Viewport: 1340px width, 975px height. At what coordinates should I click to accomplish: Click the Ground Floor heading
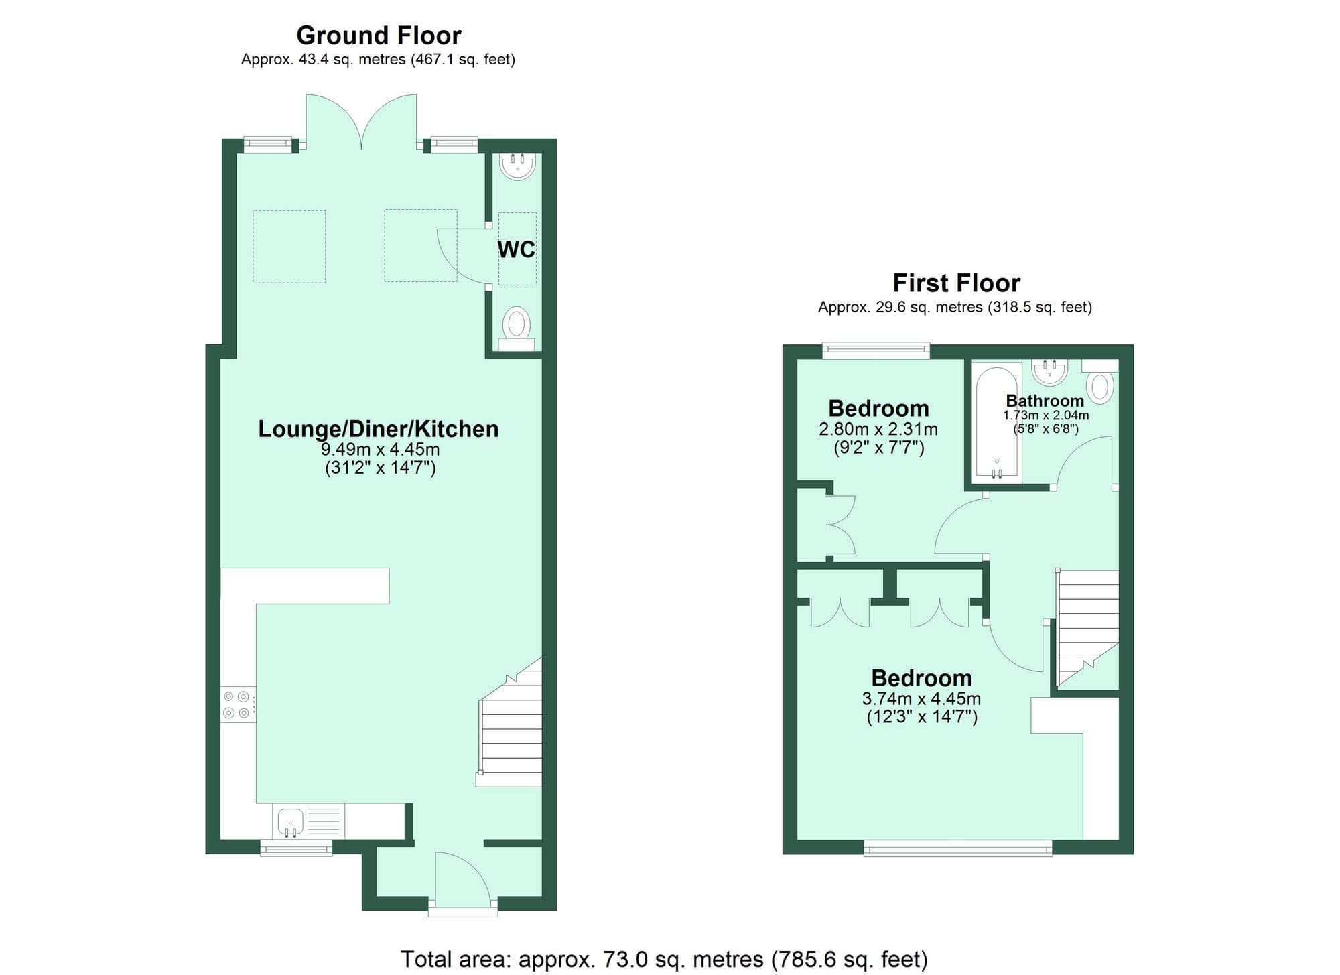click(379, 36)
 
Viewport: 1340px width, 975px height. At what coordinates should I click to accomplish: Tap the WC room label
click(516, 249)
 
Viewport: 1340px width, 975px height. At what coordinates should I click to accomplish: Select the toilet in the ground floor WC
click(517, 328)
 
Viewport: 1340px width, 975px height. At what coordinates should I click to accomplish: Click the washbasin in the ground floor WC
click(517, 166)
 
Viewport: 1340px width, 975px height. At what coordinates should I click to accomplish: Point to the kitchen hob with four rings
click(237, 705)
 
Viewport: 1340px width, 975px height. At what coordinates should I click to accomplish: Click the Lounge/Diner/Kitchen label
click(379, 429)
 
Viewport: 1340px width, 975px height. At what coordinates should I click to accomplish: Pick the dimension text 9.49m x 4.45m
click(380, 449)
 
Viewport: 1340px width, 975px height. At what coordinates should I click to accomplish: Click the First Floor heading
click(956, 283)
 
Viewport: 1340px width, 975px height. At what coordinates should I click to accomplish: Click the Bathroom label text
click(1045, 401)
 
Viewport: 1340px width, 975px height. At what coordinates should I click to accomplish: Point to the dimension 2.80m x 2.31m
click(878, 429)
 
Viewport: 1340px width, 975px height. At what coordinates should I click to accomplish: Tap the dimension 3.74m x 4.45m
click(921, 699)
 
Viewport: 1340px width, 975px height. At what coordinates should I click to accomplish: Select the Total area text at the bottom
click(663, 959)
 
